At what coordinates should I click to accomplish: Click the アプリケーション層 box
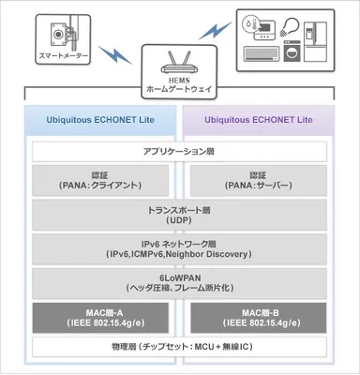click(179, 152)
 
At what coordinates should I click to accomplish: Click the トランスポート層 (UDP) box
click(179, 215)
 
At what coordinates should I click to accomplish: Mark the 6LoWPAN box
click(179, 283)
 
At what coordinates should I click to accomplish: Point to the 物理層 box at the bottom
click(179, 348)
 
